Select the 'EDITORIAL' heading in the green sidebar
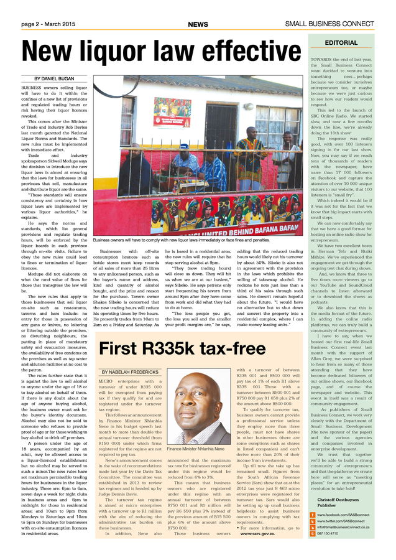[341, 43]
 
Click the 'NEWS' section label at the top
[198, 24]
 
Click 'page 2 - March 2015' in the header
[48, 24]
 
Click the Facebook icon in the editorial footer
[313, 515]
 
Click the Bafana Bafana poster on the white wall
[172, 112]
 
